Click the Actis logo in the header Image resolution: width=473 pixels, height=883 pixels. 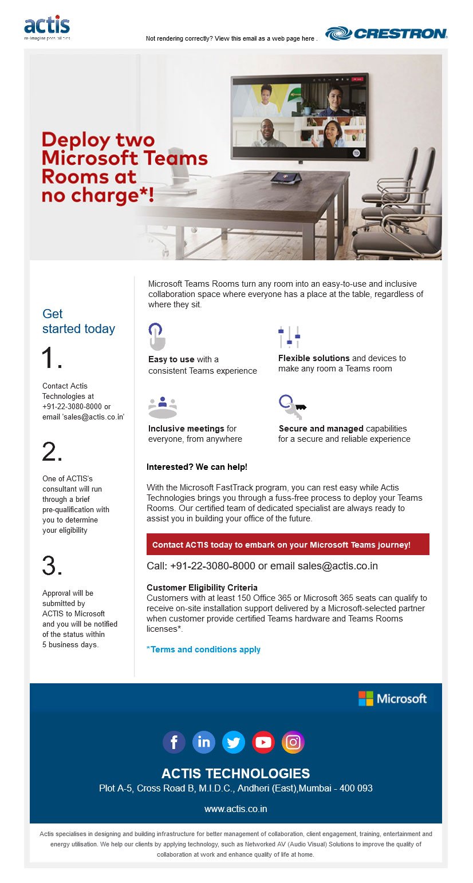point(47,27)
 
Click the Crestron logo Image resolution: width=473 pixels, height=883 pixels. point(386,34)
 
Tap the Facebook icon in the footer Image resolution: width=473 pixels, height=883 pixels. point(174,742)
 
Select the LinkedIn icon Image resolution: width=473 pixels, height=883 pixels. point(204,742)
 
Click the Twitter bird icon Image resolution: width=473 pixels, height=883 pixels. point(234,742)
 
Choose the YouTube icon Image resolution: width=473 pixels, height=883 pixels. point(263,742)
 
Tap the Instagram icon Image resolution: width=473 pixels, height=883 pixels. point(293,742)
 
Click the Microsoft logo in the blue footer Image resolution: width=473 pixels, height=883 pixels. point(392,699)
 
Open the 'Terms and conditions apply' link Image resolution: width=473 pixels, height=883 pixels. point(203,650)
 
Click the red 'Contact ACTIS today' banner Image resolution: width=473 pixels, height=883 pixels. point(287,545)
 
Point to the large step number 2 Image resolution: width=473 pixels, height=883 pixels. point(52,453)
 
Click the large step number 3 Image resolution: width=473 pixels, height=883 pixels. point(52,567)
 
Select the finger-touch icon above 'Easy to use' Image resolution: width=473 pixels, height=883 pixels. point(156,336)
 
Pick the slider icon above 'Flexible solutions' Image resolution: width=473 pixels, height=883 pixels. point(289,336)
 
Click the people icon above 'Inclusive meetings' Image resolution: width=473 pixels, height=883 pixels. point(163,407)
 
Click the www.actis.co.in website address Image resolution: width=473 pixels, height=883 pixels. point(235,809)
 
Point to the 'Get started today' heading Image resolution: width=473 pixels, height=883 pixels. point(78,322)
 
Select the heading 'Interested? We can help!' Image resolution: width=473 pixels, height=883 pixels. point(197,467)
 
